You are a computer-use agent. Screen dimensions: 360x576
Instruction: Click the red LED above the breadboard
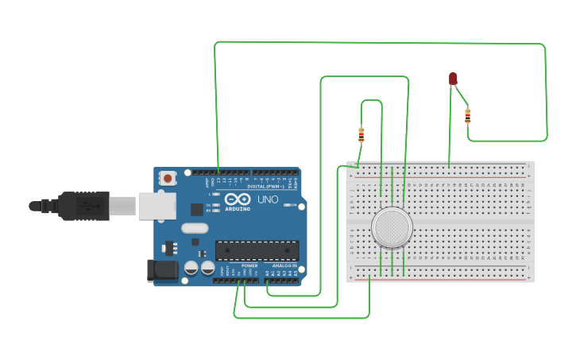point(453,78)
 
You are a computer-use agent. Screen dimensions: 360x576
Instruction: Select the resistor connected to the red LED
point(467,116)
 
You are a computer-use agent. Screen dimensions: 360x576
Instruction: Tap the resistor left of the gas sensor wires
point(361,134)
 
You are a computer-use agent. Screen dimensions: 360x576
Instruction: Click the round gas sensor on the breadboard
point(392,228)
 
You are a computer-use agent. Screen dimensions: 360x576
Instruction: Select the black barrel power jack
point(163,270)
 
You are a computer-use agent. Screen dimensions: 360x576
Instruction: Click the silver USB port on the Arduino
point(157,205)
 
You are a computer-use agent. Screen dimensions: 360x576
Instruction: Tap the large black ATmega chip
point(257,250)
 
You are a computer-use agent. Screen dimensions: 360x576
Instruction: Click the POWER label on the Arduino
point(249,265)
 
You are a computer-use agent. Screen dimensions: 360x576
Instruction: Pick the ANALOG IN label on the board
point(284,265)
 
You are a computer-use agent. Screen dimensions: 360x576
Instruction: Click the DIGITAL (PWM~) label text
point(266,186)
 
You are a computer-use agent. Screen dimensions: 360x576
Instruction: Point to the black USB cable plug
point(83,206)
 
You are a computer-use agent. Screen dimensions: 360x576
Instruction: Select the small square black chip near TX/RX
point(197,210)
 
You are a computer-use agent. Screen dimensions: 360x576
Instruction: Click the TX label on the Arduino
point(208,205)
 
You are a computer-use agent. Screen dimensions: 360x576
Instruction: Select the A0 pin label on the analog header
point(268,273)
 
